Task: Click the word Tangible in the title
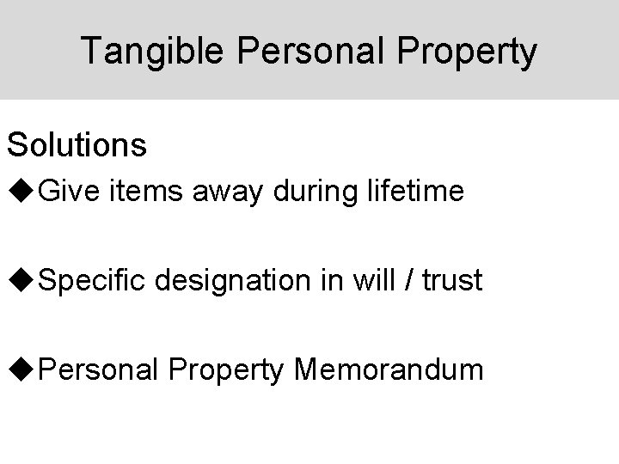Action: click(x=145, y=52)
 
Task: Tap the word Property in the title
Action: click(x=468, y=52)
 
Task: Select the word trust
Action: click(x=451, y=280)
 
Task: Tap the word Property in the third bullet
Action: click(x=228, y=370)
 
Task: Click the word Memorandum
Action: click(x=389, y=370)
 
